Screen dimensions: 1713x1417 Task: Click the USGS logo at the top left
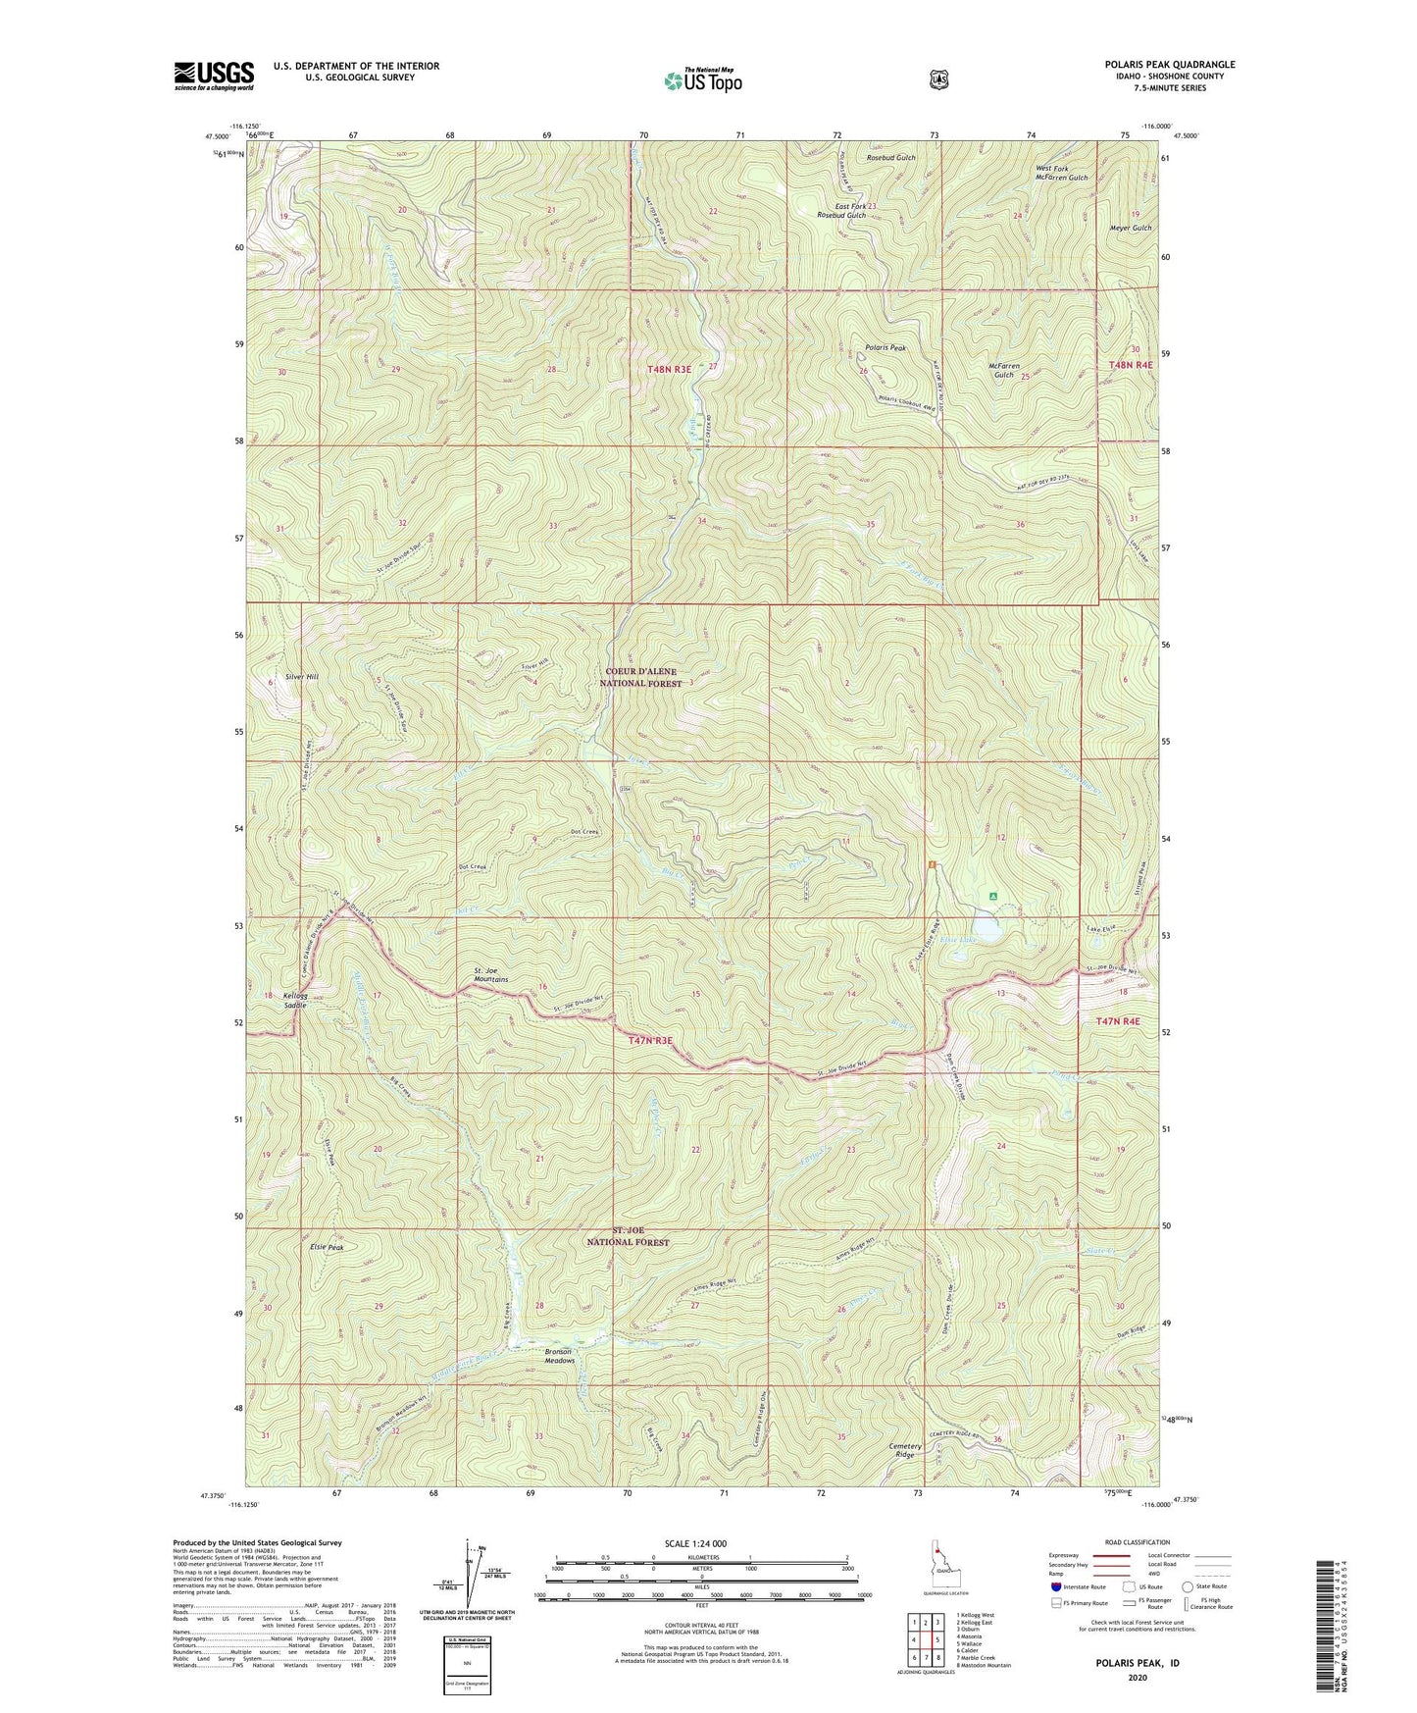(x=214, y=76)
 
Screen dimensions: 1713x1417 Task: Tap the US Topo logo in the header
(x=702, y=80)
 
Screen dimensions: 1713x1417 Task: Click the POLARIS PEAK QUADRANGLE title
(x=1169, y=65)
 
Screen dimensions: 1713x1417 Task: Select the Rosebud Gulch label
(x=891, y=158)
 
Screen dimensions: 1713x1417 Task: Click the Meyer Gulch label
(x=1128, y=228)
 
